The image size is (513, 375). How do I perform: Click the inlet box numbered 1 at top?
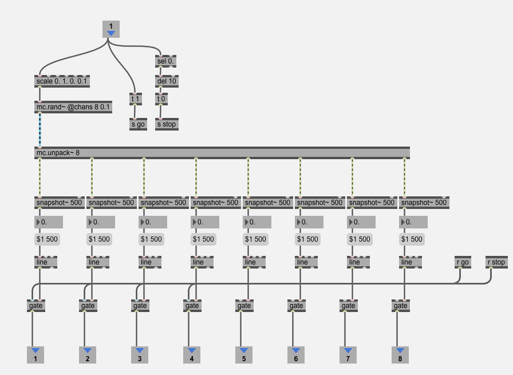click(111, 29)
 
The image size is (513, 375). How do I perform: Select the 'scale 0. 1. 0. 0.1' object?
click(62, 81)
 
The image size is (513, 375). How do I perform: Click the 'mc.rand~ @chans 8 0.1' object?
click(73, 107)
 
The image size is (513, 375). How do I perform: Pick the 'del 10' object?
click(167, 81)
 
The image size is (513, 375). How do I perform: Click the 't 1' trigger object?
click(136, 99)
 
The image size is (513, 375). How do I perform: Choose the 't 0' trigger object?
click(161, 99)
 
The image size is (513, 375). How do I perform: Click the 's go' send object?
click(139, 124)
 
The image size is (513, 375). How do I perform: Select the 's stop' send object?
click(167, 124)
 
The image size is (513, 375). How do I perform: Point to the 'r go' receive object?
click(463, 262)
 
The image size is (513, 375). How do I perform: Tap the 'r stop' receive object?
click(496, 262)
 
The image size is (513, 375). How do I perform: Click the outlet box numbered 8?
click(400, 355)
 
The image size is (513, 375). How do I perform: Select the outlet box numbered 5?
click(243, 355)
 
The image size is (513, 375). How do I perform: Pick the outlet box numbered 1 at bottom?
click(35, 355)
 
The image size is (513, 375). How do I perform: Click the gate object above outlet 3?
click(140, 306)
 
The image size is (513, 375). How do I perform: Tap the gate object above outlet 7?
click(349, 306)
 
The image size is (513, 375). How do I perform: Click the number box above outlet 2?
click(101, 222)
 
